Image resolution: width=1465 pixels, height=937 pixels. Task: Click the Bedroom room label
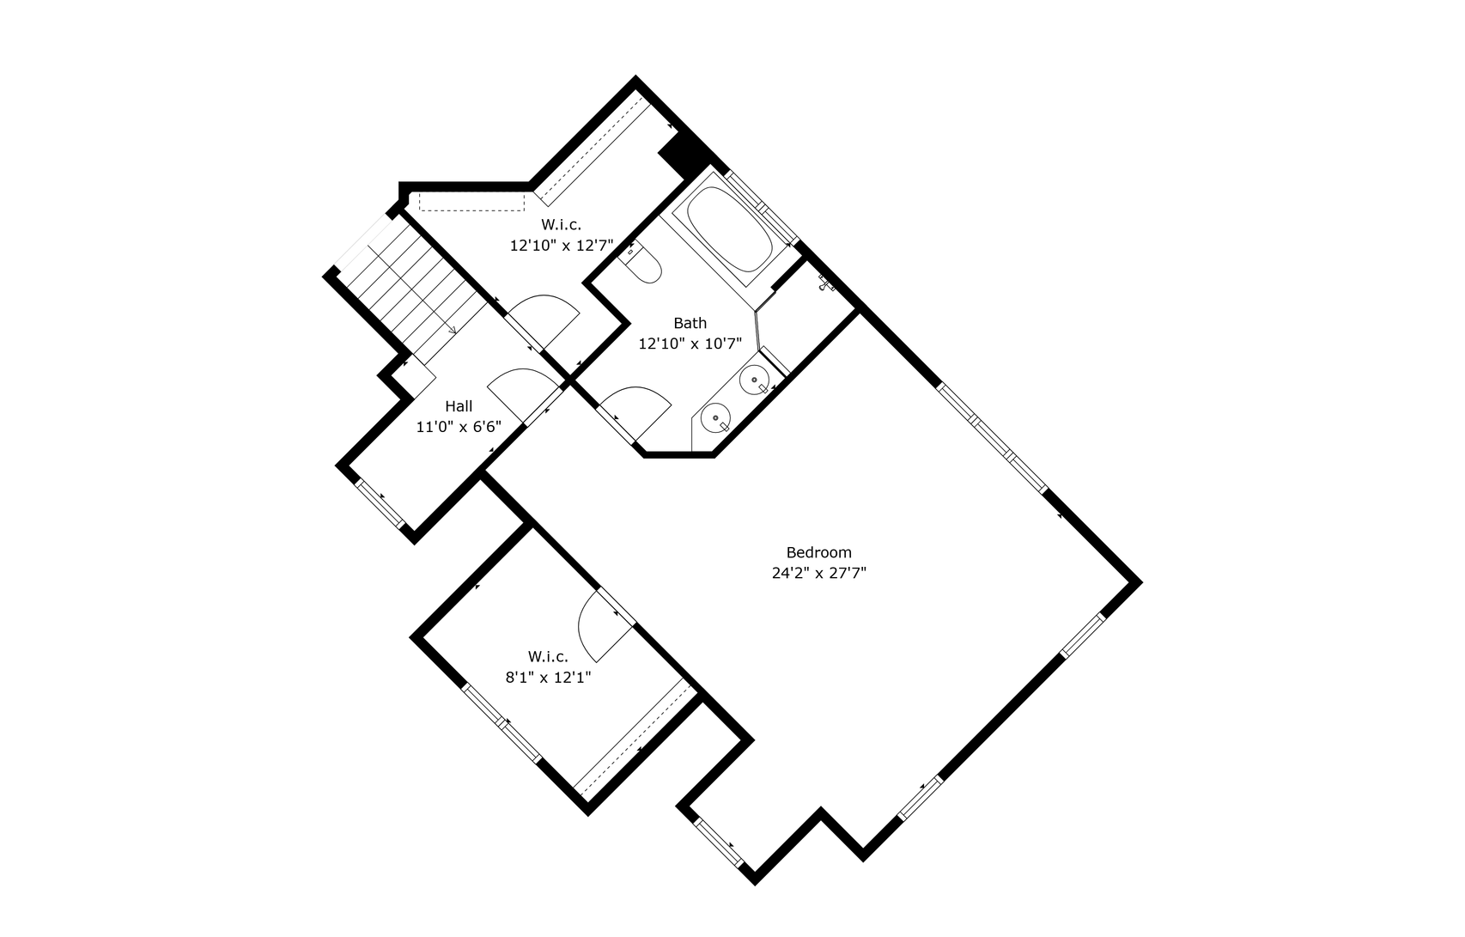click(x=819, y=552)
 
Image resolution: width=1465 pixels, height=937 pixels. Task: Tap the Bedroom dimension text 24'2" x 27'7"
click(x=819, y=573)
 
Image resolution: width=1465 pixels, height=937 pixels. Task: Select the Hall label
click(x=459, y=406)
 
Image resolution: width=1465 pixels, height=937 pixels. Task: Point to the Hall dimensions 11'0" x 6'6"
click(x=459, y=428)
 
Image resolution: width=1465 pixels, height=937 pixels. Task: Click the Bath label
click(x=690, y=323)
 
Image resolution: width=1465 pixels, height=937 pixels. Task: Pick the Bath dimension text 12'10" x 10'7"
click(x=690, y=344)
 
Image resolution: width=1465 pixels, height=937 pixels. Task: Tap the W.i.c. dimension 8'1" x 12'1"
click(x=548, y=678)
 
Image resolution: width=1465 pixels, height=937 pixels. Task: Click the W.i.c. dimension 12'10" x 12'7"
click(x=561, y=246)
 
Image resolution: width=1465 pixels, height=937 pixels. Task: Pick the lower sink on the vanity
click(x=715, y=417)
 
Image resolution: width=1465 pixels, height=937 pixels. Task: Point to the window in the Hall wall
click(x=380, y=504)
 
